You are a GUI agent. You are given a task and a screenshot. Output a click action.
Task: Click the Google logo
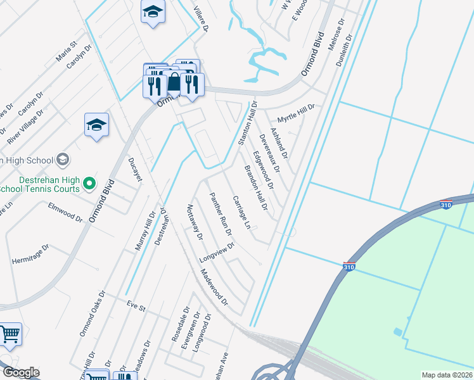(20, 372)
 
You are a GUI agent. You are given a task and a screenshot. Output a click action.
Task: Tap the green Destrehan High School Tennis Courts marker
(89, 184)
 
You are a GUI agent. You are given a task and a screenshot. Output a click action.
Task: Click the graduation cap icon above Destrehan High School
(96, 124)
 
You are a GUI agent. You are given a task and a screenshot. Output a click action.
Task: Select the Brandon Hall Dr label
(256, 187)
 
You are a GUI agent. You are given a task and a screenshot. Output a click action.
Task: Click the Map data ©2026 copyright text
(447, 375)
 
